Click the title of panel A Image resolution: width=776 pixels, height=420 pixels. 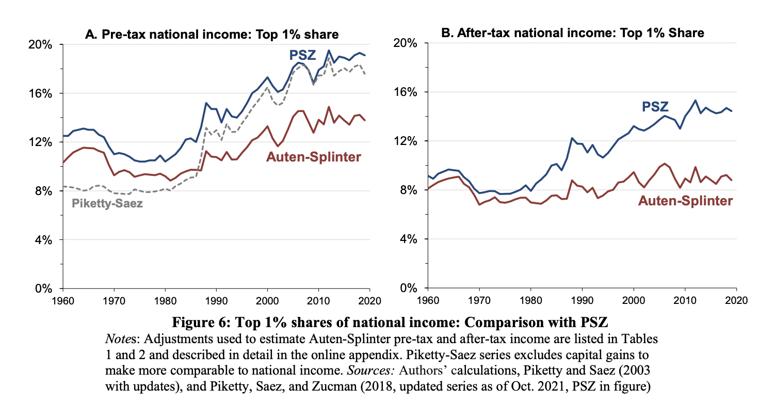[x=212, y=35]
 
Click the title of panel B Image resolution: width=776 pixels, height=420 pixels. [x=572, y=33]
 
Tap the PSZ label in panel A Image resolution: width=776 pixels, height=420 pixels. [x=302, y=55]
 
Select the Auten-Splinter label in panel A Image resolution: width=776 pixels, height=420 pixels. [x=314, y=157]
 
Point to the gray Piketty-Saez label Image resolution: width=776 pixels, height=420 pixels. [x=107, y=203]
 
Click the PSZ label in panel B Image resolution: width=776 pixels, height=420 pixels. [x=655, y=107]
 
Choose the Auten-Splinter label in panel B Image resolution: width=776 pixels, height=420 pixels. [x=685, y=201]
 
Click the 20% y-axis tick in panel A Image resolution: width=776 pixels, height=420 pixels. [x=40, y=45]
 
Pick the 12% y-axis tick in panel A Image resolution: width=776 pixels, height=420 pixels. [x=40, y=142]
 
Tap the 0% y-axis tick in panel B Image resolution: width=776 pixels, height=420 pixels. [x=408, y=288]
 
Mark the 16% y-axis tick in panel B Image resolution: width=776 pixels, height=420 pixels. [x=405, y=92]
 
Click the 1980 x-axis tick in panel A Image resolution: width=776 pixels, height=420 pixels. [x=165, y=301]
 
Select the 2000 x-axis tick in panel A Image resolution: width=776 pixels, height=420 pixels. [x=267, y=301]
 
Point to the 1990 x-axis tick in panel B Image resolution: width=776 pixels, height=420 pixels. [x=582, y=300]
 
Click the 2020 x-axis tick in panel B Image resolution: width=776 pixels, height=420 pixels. [x=736, y=300]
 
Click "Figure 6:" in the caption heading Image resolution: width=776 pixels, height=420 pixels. [x=201, y=322]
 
